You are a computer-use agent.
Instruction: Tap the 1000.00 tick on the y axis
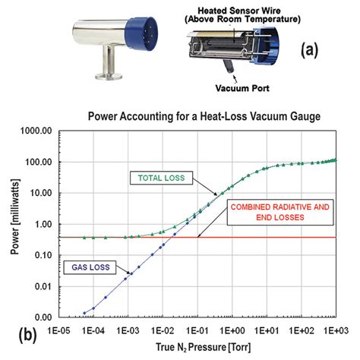[x=33, y=131]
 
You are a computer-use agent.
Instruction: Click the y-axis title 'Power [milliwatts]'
[x=11, y=224]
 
